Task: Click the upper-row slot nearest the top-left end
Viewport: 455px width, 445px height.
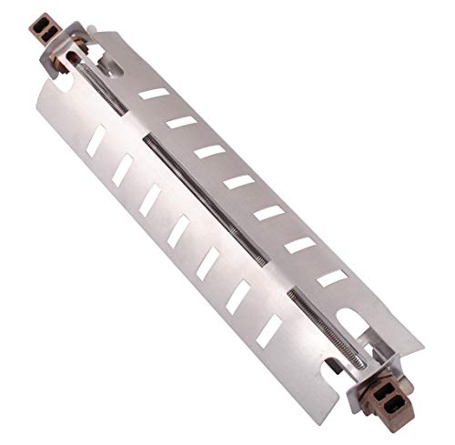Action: [156, 94]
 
